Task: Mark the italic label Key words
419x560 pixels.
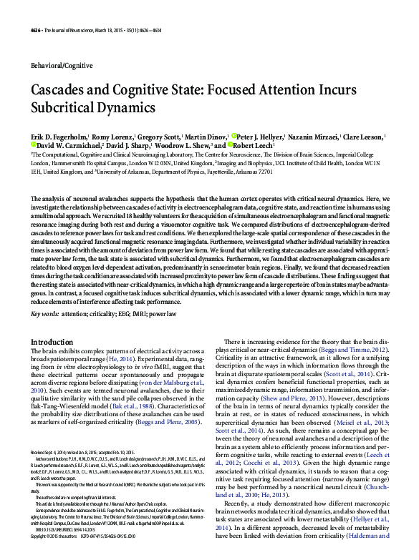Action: click(x=44, y=314)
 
